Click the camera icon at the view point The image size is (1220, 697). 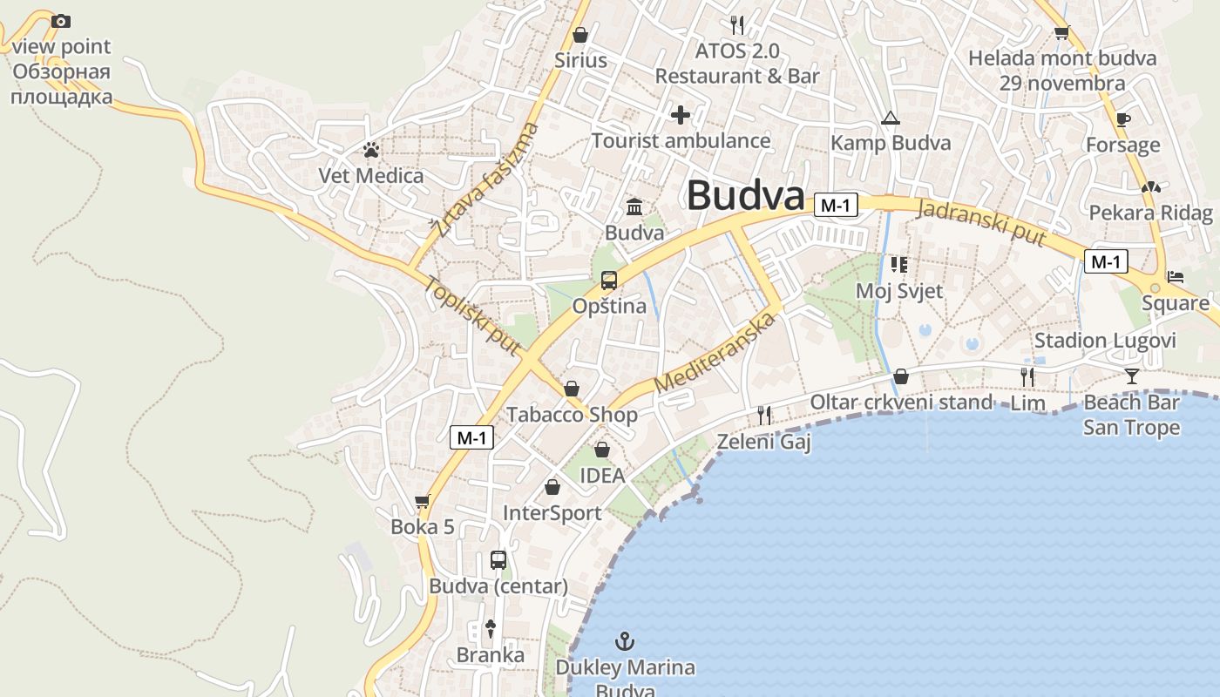[60, 21]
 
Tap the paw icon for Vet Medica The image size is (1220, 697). [371, 150]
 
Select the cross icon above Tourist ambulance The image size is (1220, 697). [681, 114]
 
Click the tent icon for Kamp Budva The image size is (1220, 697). [890, 118]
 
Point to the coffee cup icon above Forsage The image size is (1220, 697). [1123, 119]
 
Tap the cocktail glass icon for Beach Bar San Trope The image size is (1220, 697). [1131, 376]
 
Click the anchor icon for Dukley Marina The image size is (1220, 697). [624, 642]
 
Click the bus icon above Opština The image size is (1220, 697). [609, 281]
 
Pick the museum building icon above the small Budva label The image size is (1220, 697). [634, 207]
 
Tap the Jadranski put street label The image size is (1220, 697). [981, 221]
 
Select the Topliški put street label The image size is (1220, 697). [472, 315]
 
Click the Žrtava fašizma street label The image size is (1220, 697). [485, 180]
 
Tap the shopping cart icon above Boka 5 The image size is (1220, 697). [423, 501]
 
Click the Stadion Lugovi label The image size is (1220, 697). [1105, 340]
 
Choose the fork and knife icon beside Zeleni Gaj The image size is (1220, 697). [764, 415]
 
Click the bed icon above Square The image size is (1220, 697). [1176, 278]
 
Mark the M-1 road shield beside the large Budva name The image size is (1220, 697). [836, 206]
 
